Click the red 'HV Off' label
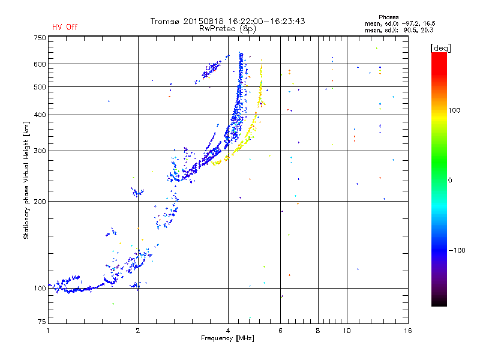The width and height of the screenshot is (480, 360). [65, 27]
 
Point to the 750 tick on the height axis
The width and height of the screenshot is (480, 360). [40, 38]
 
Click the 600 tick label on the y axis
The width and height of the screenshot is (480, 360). [40, 64]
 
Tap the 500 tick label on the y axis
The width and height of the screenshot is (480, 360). [40, 87]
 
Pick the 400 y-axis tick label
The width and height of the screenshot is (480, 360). [40, 115]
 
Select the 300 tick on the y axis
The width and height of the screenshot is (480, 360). [40, 151]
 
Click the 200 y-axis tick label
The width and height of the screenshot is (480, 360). [40, 202]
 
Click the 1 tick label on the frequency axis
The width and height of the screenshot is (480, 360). [48, 331]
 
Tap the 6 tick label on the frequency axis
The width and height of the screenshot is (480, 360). [280, 331]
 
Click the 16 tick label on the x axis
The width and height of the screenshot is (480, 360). [407, 331]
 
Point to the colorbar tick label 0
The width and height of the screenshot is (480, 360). [451, 180]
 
